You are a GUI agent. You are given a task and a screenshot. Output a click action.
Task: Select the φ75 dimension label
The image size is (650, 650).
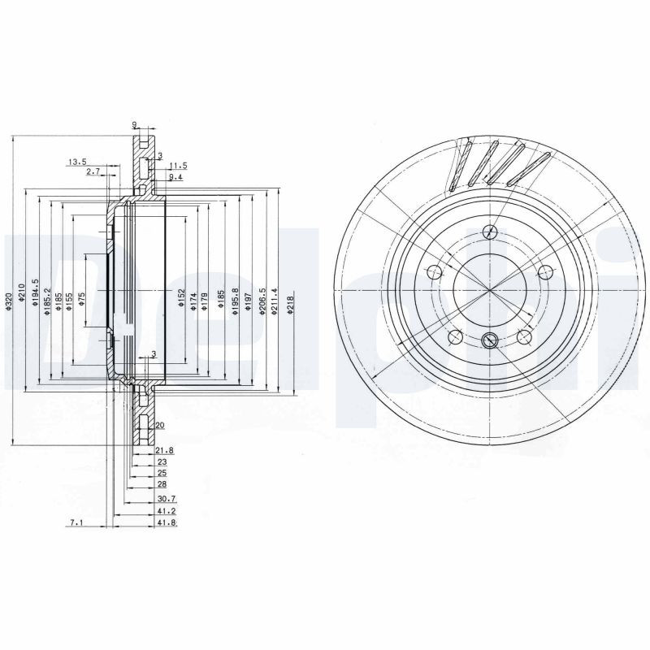tap(81, 299)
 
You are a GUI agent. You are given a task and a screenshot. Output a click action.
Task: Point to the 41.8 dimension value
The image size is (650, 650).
tap(167, 522)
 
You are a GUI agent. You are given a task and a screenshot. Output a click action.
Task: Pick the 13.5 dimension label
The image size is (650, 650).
tap(77, 162)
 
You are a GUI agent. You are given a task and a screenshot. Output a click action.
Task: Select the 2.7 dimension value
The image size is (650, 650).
tap(93, 171)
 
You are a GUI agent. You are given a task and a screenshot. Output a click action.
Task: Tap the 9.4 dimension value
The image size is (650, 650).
tap(175, 176)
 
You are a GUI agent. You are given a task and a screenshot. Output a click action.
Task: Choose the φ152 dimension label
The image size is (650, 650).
tap(182, 299)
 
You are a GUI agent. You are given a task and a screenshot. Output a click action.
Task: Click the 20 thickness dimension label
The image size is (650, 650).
tap(159, 425)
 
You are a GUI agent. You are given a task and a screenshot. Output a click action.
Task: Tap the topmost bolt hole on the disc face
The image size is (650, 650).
tap(488, 231)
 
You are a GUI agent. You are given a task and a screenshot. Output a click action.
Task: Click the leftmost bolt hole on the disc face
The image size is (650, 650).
tap(434, 272)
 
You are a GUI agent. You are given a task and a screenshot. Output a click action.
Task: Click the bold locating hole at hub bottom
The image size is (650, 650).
tap(490, 340)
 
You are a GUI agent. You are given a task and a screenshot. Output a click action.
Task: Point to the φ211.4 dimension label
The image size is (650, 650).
tap(276, 301)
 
